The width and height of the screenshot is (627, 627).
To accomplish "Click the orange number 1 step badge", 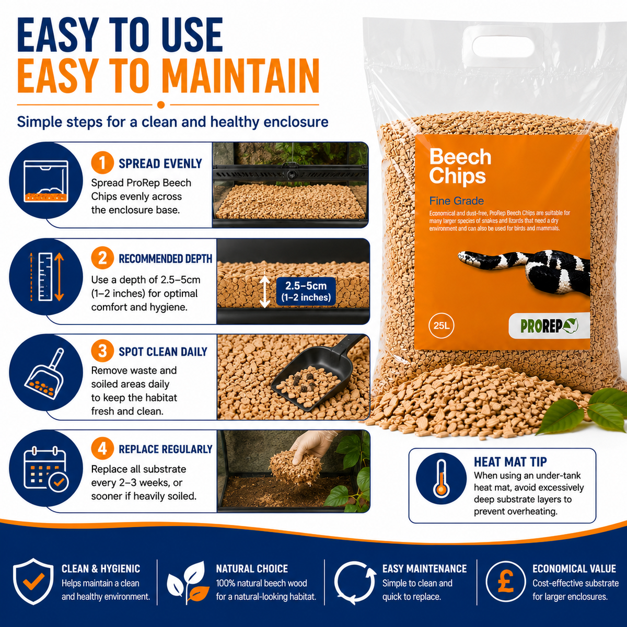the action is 102,162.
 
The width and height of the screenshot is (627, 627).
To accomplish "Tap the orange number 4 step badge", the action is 102,449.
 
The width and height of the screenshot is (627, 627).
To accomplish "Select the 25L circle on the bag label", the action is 441,326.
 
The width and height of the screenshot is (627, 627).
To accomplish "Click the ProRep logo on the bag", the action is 549,326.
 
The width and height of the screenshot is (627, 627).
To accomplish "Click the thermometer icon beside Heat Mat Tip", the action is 441,478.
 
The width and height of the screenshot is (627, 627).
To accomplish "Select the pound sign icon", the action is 506,581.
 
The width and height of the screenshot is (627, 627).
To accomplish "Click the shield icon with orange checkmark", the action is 33,582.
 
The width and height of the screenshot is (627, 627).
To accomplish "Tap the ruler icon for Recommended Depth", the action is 45,277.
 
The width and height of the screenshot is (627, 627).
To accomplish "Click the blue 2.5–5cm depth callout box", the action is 306,291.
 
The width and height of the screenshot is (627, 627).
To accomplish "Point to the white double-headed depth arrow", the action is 265,292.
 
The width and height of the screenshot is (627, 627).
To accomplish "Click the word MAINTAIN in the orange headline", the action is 241,76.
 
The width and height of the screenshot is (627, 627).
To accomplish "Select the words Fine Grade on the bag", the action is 456,201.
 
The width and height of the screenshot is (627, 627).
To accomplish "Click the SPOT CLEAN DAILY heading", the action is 162,352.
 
